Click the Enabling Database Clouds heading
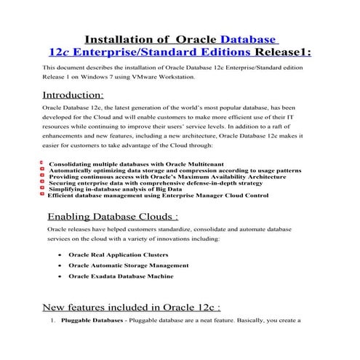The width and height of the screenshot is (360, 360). (x=112, y=217)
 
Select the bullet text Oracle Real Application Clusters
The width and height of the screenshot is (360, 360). (x=118, y=255)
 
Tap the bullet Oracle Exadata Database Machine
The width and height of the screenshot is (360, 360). (x=121, y=276)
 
